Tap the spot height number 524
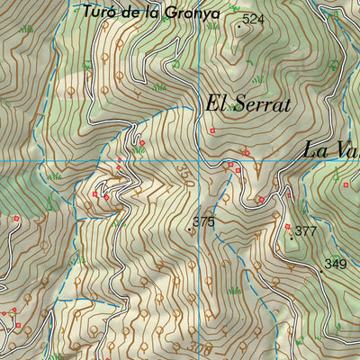coord(254,19)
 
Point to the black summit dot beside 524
coord(238,24)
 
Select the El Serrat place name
coord(248,104)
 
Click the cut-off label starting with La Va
coord(330,149)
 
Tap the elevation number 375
coord(203,221)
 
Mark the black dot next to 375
coord(189,230)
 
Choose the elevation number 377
coord(306,231)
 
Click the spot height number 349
coord(335,264)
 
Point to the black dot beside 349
coord(321,256)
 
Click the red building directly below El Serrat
coord(212,130)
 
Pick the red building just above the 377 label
coord(287,225)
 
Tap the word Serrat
coord(262,104)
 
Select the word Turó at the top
coord(95,12)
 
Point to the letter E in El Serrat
coord(212,104)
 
